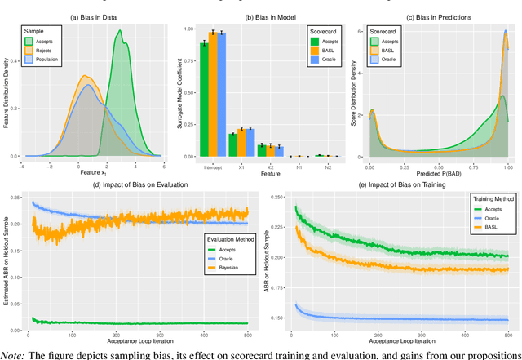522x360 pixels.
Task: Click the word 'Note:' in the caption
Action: pyautogui.click(x=13, y=353)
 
